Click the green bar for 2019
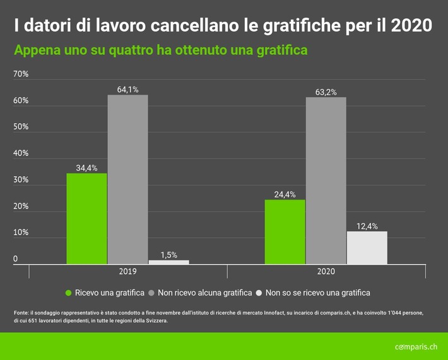coord(86,219)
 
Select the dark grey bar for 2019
coord(127,179)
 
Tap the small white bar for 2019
coord(168,261)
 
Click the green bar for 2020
coord(285,232)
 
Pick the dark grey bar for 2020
coord(326,181)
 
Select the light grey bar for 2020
coord(367,248)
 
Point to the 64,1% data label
coord(127,89)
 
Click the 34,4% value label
coord(86,167)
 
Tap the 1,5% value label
coord(168,255)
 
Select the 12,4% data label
coord(367,225)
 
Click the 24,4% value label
coord(285,194)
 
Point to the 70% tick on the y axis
coord(21,75)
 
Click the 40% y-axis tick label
coord(21,153)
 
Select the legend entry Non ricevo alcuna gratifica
coord(196,292)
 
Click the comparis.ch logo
coord(415,347)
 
